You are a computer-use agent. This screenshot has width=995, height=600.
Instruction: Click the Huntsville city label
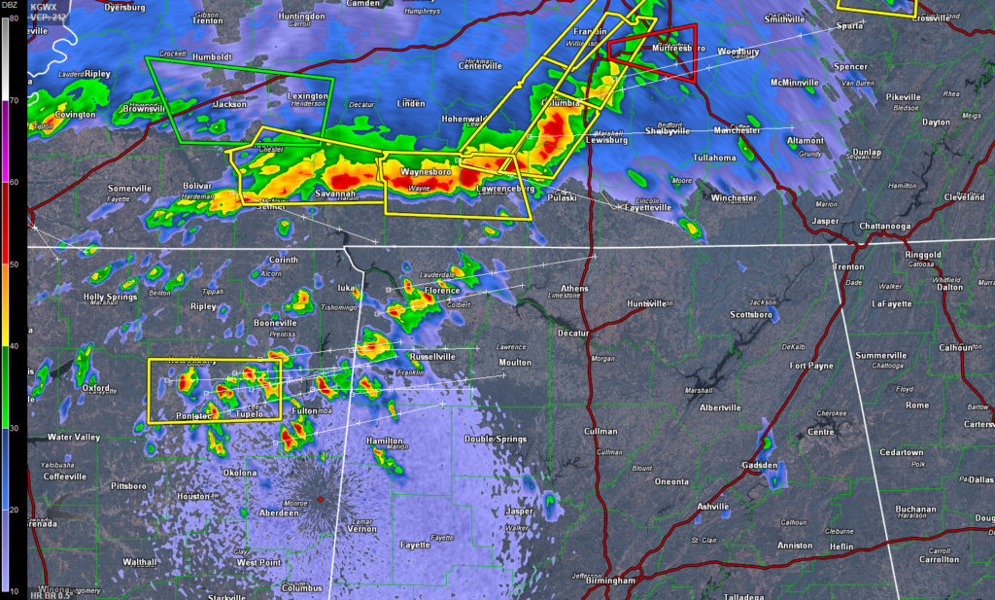coord(646,303)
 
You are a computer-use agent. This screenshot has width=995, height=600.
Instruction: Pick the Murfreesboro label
coord(671,48)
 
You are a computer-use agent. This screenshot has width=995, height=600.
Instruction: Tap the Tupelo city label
coord(250,414)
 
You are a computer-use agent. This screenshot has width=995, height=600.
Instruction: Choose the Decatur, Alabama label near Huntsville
coord(573,333)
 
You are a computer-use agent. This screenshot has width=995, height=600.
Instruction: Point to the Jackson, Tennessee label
coord(229,104)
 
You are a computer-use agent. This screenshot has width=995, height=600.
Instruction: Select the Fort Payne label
coord(811,366)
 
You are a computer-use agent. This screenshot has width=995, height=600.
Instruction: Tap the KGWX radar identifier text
coord(43,6)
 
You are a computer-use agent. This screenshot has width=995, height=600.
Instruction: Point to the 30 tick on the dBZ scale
coord(13,427)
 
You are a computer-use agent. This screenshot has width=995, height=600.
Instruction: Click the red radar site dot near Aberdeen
coord(319,499)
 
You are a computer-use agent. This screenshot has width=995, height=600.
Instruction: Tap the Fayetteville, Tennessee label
coord(648,208)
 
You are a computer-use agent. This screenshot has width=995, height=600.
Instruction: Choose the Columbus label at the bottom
coord(301,588)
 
